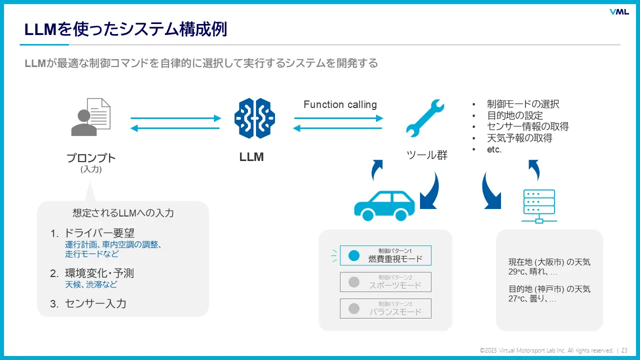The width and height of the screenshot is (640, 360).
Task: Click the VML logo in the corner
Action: tap(619, 12)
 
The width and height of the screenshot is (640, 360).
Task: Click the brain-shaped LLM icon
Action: tap(254, 118)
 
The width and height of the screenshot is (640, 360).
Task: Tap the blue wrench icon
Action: tap(424, 118)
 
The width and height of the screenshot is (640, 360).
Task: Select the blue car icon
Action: tap(384, 205)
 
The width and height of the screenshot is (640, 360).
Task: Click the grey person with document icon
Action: tap(90, 117)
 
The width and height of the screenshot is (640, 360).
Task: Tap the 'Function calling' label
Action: tap(340, 104)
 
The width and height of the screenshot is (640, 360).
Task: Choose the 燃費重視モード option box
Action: tap(385, 255)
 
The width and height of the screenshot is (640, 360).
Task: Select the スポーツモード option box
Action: tap(385, 282)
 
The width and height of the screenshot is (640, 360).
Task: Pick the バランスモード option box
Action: tap(385, 308)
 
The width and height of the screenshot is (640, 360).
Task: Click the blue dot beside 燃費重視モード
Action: tap(354, 255)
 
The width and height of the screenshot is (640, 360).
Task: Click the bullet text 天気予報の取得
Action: tap(519, 138)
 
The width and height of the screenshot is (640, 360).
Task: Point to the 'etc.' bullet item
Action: tap(494, 149)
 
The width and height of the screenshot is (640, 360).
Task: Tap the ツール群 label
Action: tap(427, 155)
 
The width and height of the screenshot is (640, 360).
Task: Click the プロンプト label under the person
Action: tap(91, 158)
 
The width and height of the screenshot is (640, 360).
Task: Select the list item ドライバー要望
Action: tap(99, 233)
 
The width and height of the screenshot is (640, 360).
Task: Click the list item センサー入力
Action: tap(95, 303)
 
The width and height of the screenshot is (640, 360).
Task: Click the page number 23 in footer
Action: tap(624, 350)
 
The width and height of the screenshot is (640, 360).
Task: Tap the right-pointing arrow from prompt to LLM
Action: tap(175, 118)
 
